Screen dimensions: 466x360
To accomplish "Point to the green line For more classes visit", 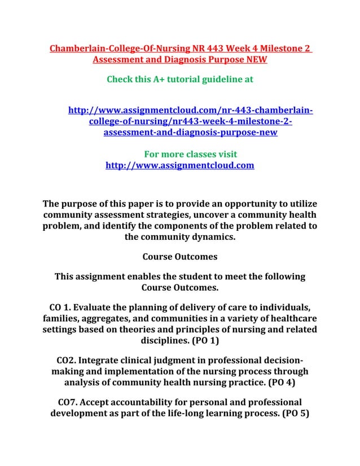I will [190, 154].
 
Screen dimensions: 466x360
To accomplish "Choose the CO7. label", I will [70, 402].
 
